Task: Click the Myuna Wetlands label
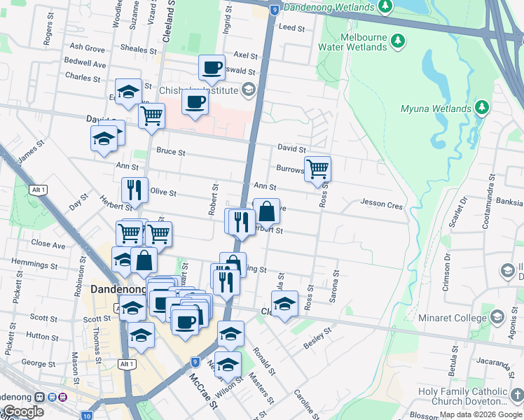pyautogui.click(x=435, y=108)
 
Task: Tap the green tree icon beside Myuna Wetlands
pyautogui.click(x=481, y=108)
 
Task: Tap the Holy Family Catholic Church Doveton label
pyautogui.click(x=467, y=396)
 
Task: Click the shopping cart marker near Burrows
pyautogui.click(x=318, y=169)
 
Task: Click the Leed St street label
pyautogui.click(x=292, y=28)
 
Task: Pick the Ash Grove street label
pyautogui.click(x=87, y=48)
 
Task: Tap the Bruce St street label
pyautogui.click(x=170, y=151)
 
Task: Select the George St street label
pyautogui.click(x=39, y=363)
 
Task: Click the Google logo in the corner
pyautogui.click(x=23, y=412)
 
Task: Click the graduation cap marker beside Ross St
pyautogui.click(x=284, y=304)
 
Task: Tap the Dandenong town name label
pyautogui.click(x=117, y=289)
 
